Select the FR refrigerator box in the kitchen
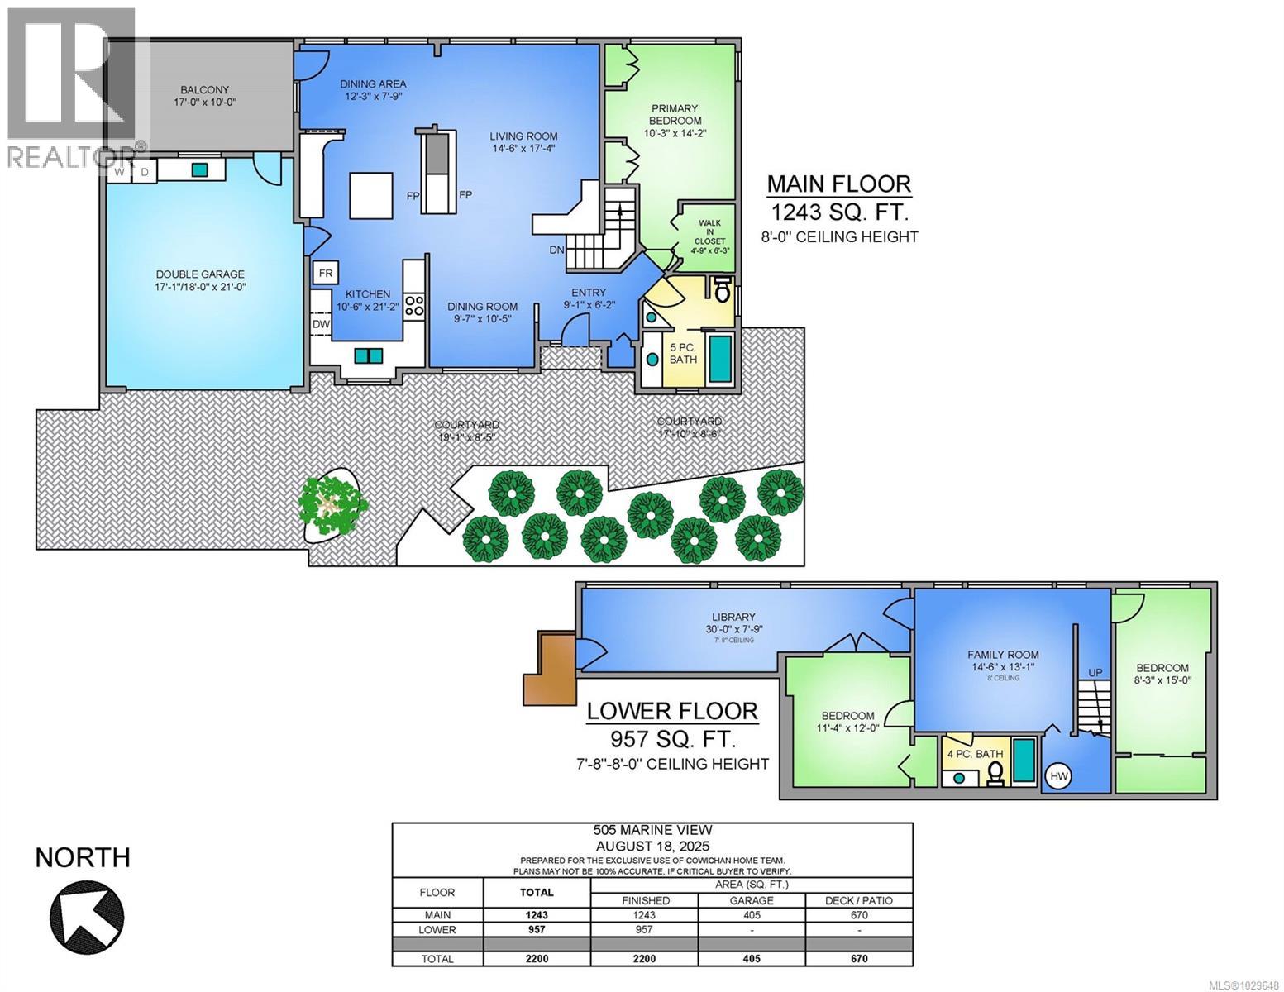325,273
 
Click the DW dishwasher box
321,325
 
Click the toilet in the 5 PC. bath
722,292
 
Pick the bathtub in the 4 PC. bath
1024,761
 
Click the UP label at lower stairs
1095,672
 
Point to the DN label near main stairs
557,250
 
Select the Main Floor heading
839,184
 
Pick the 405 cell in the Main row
752,915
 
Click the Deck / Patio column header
859,900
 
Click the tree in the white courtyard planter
332,506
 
